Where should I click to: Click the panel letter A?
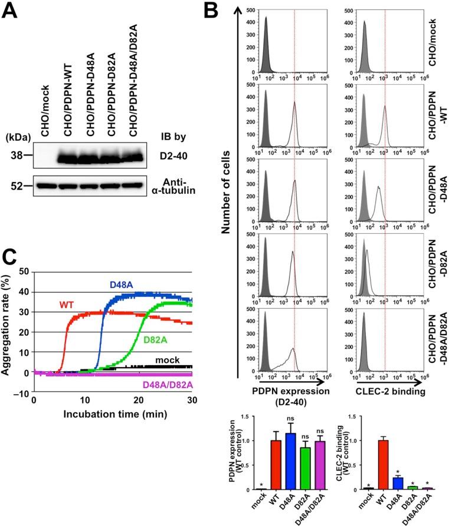[11, 12]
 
